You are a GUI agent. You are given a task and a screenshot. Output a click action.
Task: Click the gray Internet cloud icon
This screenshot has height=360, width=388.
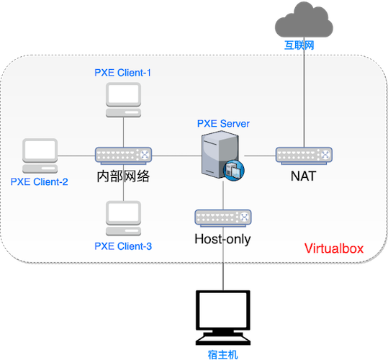tap(304, 20)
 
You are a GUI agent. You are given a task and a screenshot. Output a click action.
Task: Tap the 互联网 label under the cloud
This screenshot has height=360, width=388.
tap(299, 45)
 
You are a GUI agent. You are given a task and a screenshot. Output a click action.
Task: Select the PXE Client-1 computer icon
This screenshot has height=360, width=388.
tap(124, 100)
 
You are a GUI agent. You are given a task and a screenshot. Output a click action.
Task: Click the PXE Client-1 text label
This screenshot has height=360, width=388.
tap(122, 73)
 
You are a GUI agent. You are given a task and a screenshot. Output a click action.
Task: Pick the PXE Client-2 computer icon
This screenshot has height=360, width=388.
tap(40, 156)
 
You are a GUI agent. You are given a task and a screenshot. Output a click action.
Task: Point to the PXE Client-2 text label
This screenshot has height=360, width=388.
tap(39, 182)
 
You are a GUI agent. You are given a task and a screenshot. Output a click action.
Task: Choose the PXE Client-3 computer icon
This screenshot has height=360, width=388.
tap(124, 218)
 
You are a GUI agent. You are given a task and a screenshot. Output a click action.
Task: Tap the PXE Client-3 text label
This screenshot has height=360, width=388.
tap(123, 246)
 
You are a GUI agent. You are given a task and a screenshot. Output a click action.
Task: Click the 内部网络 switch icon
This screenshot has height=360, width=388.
tap(124, 156)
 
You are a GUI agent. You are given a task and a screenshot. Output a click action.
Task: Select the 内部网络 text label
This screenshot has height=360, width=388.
tap(123, 176)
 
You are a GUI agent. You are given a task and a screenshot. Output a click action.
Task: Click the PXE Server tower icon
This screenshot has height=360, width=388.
tap(220, 155)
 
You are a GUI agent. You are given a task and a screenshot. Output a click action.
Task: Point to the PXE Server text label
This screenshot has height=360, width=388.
tap(223, 124)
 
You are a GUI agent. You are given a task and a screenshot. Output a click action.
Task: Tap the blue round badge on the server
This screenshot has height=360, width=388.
tap(234, 171)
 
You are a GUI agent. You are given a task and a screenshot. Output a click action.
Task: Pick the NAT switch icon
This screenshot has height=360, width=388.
tap(304, 156)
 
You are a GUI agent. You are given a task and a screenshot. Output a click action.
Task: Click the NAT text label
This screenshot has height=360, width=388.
tap(303, 176)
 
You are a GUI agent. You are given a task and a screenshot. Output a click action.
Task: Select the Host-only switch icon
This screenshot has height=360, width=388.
tap(223, 218)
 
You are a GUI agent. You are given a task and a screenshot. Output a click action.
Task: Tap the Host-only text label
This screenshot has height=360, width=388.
tap(222, 239)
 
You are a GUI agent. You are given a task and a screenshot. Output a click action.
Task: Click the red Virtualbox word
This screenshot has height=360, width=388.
tap(334, 248)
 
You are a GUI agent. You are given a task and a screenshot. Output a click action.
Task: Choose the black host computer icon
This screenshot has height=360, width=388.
tap(223, 318)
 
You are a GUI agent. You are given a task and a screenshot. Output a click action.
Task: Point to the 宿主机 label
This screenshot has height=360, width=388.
tap(223, 355)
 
